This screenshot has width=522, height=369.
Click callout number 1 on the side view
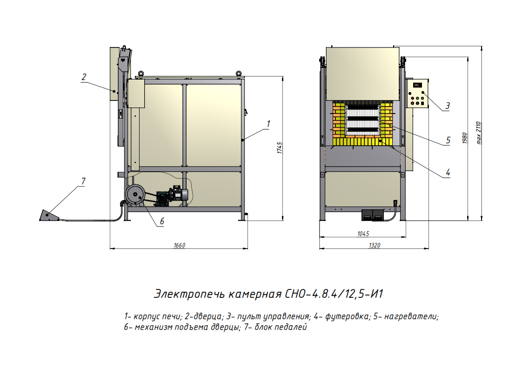pyautogui.click(x=269, y=123)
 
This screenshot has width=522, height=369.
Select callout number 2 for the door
pyautogui.click(x=84, y=77)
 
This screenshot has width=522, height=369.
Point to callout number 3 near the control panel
pyautogui.click(x=447, y=106)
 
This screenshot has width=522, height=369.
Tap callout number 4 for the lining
pyautogui.click(x=448, y=172)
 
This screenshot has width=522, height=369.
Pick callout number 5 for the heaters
pyautogui.click(x=448, y=140)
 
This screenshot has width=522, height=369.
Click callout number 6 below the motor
pyautogui.click(x=162, y=221)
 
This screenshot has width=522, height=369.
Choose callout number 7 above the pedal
pyautogui.click(x=83, y=181)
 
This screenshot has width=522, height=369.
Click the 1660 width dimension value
pyautogui.click(x=179, y=246)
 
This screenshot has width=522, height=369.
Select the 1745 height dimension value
pyautogui.click(x=279, y=148)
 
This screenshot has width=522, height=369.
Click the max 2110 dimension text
pyautogui.click(x=479, y=133)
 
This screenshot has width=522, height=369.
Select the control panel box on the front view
pyautogui.click(x=417, y=94)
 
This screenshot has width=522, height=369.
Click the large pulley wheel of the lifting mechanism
pyautogui.click(x=134, y=195)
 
